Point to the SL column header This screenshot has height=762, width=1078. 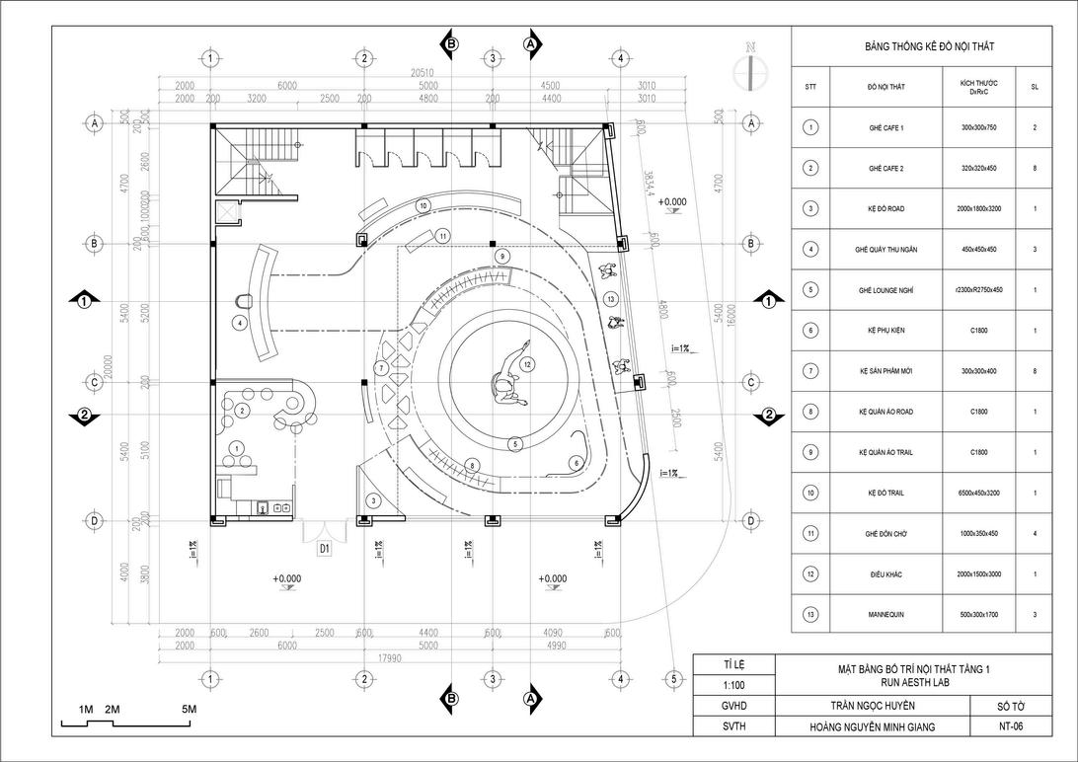(x=1034, y=87)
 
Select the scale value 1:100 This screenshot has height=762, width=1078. (x=733, y=683)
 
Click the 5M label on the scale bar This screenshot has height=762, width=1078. (x=189, y=710)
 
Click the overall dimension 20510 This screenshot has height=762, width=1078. (x=425, y=74)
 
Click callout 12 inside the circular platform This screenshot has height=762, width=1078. (x=528, y=365)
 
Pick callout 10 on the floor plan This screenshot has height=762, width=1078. (x=423, y=205)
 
